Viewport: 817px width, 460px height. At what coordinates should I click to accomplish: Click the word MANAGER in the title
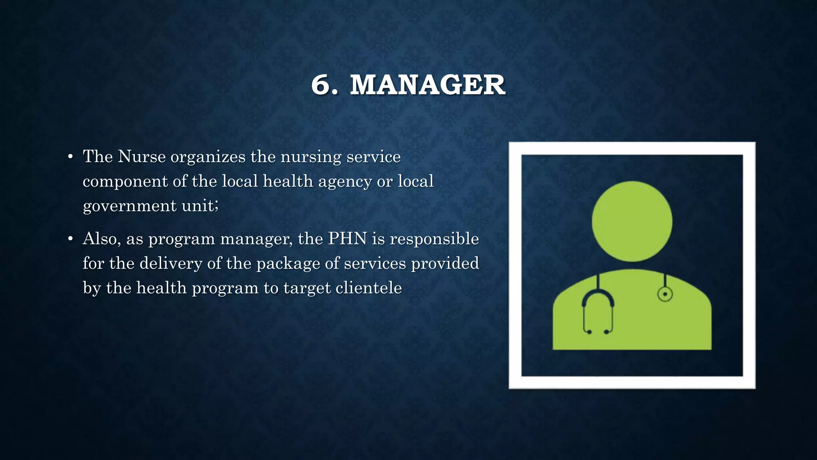[x=427, y=85]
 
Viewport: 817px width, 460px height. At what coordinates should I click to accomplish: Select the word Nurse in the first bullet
[x=142, y=157]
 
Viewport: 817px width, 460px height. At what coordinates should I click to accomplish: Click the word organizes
[x=208, y=157]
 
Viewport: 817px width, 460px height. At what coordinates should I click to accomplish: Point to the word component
[x=125, y=182]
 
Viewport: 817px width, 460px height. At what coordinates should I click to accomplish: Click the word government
[x=129, y=206]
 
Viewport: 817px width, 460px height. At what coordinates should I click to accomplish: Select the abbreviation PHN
[x=347, y=239]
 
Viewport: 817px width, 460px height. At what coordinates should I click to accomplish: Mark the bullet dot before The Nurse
[x=70, y=157]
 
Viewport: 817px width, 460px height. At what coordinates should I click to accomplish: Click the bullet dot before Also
[x=70, y=239]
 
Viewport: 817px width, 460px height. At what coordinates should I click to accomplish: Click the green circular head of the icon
[x=632, y=221]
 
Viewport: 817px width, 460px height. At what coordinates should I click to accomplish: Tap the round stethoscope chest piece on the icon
[x=665, y=295]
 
